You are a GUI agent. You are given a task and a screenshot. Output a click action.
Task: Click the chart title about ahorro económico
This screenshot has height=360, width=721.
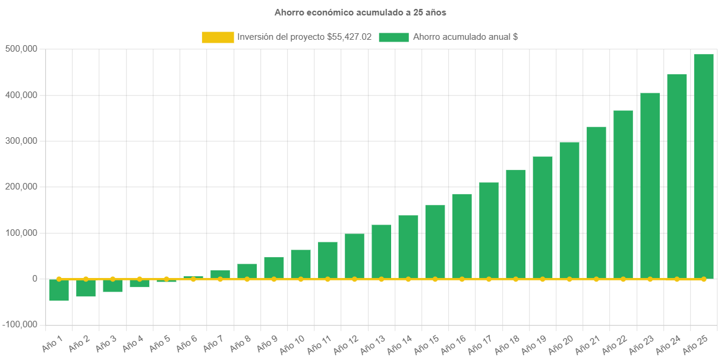360,12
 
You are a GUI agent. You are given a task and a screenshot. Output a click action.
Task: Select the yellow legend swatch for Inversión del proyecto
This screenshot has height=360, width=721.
218,37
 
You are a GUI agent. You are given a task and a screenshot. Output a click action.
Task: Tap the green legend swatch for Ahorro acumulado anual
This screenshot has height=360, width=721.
393,37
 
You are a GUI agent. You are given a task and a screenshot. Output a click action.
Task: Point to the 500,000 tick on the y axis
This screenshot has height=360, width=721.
21,49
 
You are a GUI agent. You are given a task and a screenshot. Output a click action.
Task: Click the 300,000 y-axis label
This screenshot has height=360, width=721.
21,141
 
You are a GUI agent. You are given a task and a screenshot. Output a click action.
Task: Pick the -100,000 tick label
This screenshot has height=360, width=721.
20,324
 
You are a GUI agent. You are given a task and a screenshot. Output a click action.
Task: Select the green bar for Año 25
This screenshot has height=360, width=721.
704,166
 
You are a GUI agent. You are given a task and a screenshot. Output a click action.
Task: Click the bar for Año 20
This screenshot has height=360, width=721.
569,210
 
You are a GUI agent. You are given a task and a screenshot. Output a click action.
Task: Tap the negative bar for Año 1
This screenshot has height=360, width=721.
59,290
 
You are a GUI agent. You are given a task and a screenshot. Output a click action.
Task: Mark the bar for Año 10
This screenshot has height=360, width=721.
301,264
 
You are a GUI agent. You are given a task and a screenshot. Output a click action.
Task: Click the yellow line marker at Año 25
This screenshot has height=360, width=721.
704,279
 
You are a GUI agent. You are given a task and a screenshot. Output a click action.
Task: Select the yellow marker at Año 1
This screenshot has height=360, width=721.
59,279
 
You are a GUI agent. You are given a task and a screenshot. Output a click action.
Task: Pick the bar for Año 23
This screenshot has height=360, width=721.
650,185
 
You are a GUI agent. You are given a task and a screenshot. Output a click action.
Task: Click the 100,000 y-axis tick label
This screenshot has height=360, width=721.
21,233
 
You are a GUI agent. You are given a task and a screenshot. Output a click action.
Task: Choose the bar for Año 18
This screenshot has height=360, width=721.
516,224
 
